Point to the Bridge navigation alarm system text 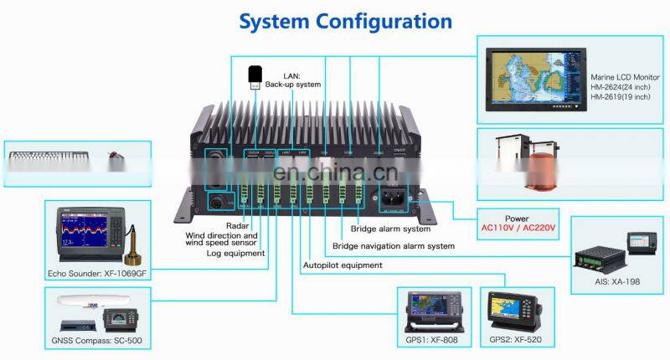tap(394, 246)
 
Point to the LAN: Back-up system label tap(292, 80)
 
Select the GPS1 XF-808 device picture tap(433, 313)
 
